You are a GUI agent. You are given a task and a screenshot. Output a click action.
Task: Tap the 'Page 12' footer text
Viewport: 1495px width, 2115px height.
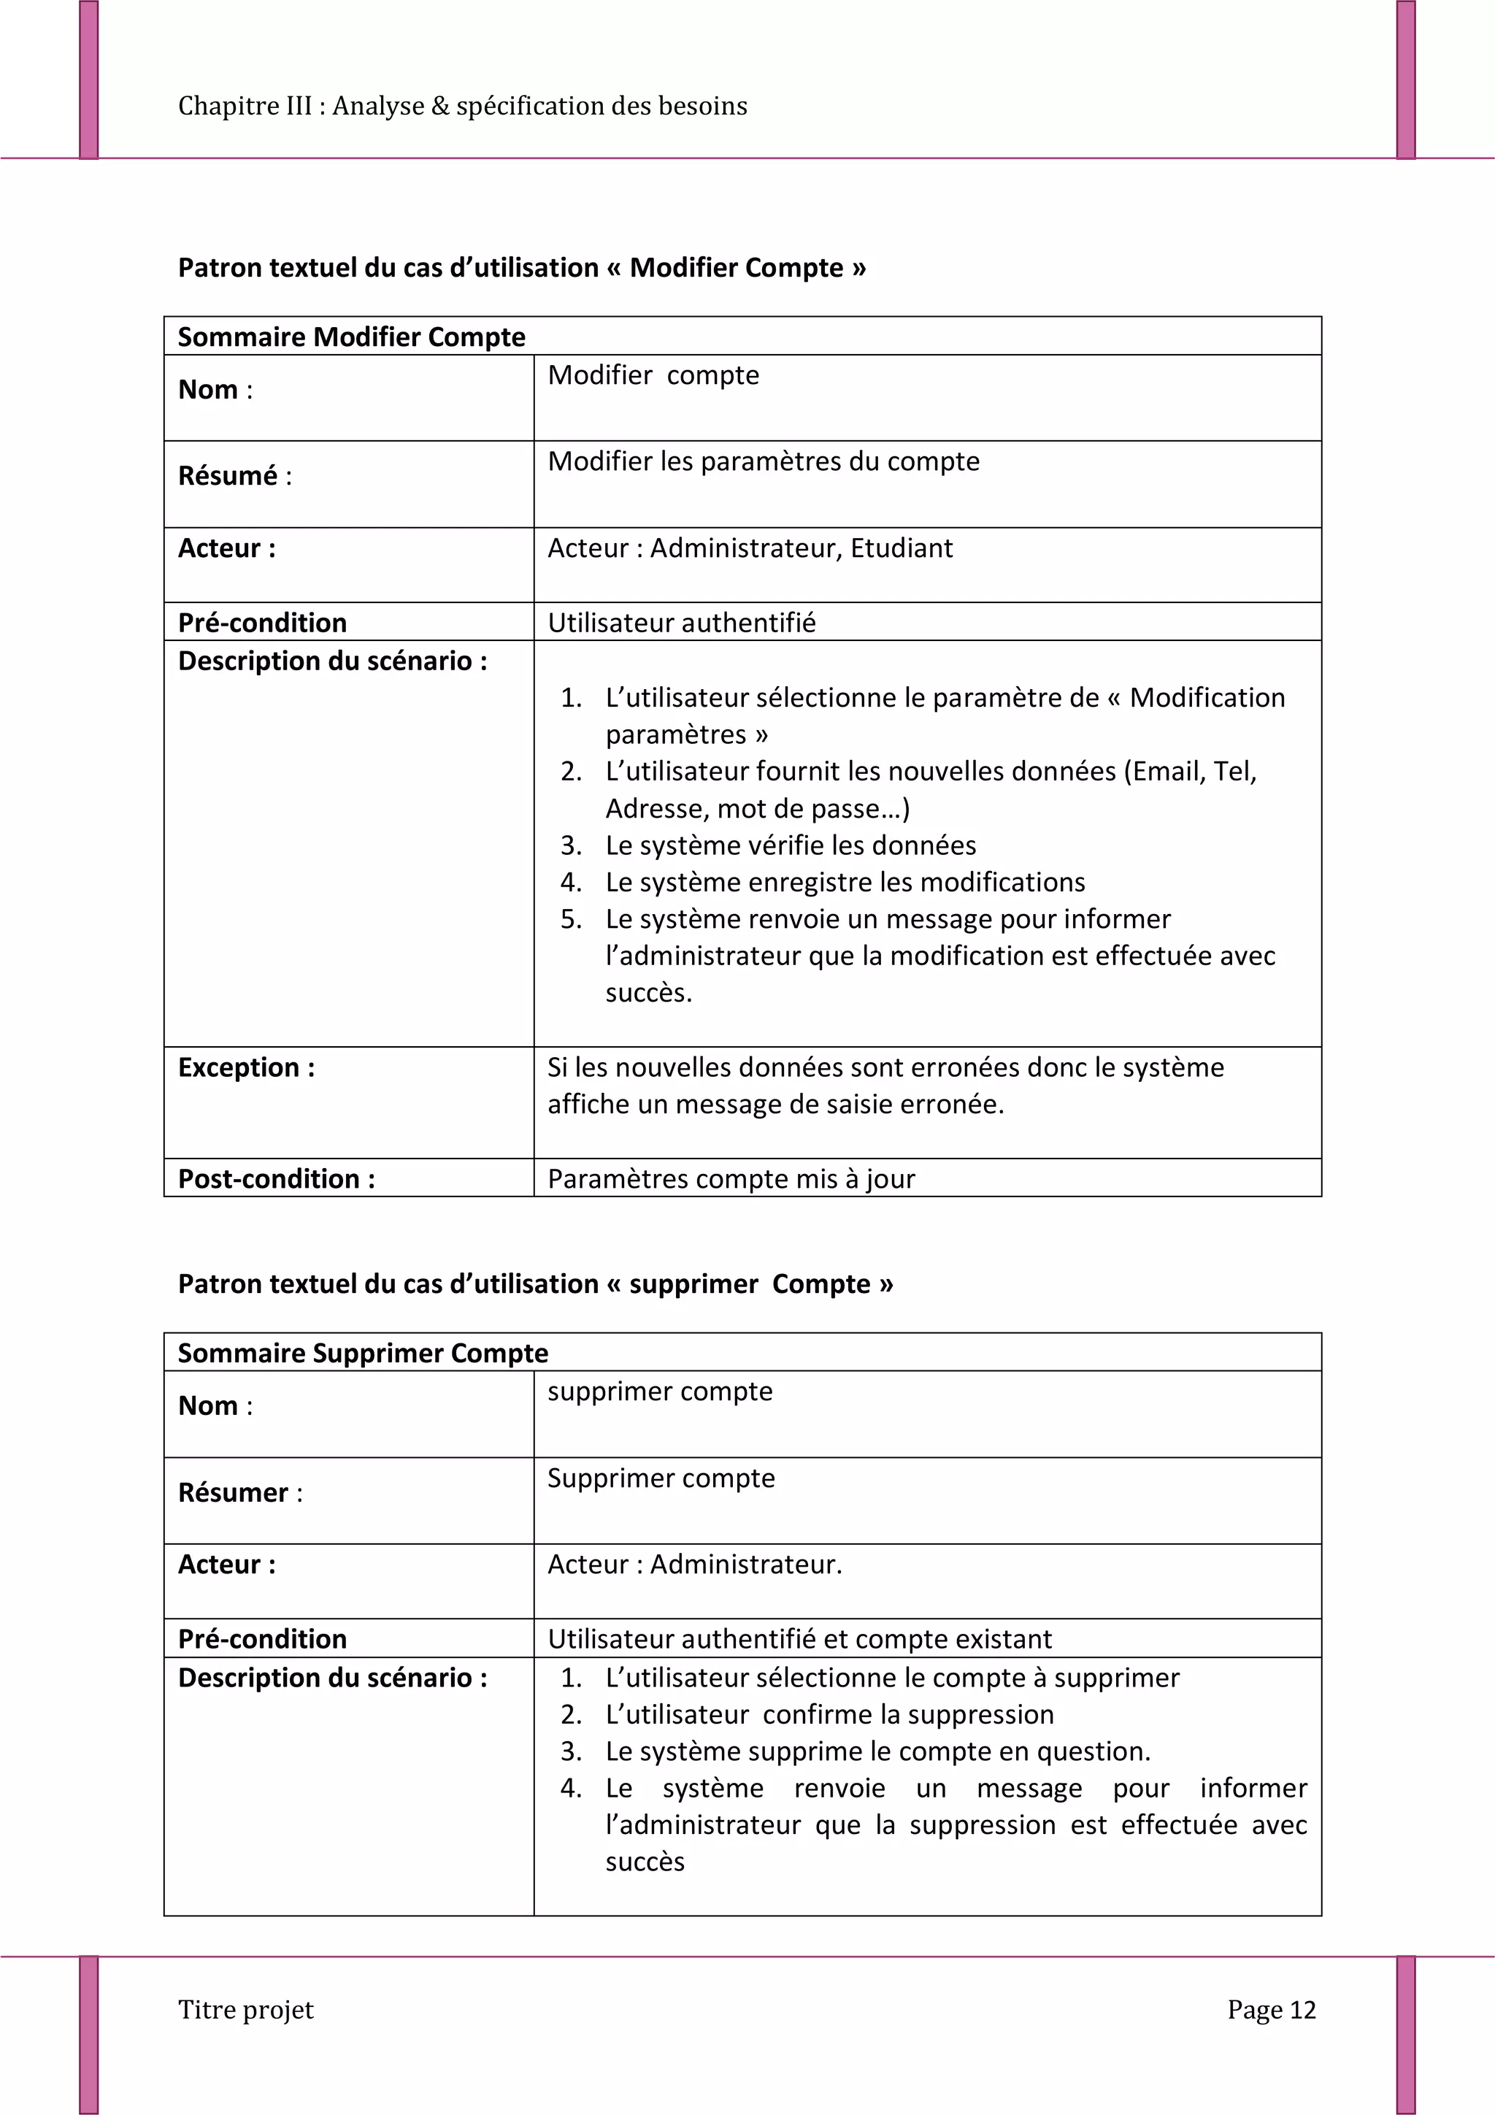point(1270,2009)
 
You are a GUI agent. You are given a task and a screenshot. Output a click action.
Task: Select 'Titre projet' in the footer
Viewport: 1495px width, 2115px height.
point(246,2009)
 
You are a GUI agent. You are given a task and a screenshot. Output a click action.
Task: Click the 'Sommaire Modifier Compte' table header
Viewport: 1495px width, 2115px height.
point(351,337)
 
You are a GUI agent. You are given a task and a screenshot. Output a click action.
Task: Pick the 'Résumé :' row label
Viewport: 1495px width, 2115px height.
point(234,476)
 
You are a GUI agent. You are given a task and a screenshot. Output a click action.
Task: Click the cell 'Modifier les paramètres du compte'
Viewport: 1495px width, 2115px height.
point(763,461)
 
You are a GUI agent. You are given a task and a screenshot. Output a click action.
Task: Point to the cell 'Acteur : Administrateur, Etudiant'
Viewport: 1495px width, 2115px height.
point(750,548)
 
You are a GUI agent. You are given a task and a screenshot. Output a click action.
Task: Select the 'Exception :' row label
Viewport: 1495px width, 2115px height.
point(246,1067)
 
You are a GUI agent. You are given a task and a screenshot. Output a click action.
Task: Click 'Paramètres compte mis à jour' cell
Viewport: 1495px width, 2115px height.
point(731,1179)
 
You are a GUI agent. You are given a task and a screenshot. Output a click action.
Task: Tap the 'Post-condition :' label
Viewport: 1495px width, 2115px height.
point(277,1179)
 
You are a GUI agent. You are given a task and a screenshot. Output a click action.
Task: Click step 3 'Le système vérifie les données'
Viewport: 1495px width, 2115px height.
point(791,845)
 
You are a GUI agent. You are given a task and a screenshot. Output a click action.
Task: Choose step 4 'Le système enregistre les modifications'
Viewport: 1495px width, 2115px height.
point(845,883)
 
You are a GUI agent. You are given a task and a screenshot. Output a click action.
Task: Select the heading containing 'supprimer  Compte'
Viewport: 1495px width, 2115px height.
point(535,1284)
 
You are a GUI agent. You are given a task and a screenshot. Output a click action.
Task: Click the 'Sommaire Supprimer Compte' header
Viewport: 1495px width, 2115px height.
point(362,1354)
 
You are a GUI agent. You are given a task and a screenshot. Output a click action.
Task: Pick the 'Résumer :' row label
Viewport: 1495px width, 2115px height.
point(239,1492)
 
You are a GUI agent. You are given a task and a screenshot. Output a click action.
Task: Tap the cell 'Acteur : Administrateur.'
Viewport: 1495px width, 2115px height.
point(694,1564)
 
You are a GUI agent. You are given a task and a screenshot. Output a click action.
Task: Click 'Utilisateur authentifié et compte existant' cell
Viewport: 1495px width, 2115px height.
point(799,1639)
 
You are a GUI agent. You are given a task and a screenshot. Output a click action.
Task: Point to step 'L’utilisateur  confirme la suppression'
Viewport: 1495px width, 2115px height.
point(829,1714)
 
